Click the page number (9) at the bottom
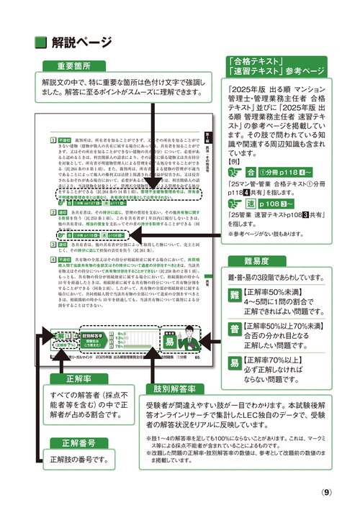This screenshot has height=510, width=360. [x=326, y=493]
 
